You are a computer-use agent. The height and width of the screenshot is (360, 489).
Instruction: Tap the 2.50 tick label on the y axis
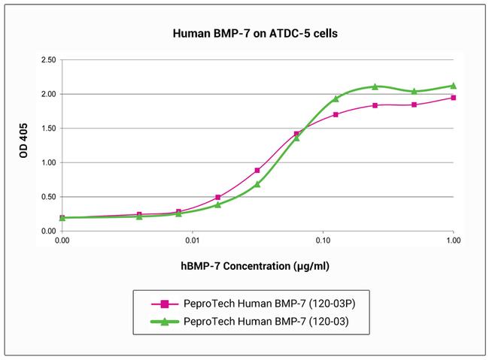47,59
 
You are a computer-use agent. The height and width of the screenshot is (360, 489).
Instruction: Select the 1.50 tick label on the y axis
47,129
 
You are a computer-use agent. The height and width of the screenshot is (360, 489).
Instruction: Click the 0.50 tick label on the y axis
47,197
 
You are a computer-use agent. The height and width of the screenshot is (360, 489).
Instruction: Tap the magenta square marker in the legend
163,304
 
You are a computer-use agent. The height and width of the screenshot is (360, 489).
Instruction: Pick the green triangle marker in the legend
163,321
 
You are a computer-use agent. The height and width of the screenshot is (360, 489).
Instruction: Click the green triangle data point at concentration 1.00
453,86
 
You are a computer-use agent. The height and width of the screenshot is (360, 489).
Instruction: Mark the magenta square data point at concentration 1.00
453,98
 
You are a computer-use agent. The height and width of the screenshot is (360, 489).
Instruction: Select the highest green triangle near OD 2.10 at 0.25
375,86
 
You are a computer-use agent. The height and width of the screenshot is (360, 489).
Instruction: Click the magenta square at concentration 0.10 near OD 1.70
336,115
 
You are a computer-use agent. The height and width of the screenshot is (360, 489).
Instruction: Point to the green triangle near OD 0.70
257,184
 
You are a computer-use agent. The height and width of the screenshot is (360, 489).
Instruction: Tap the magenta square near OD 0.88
257,171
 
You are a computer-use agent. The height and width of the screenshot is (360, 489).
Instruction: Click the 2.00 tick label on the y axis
47,94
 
